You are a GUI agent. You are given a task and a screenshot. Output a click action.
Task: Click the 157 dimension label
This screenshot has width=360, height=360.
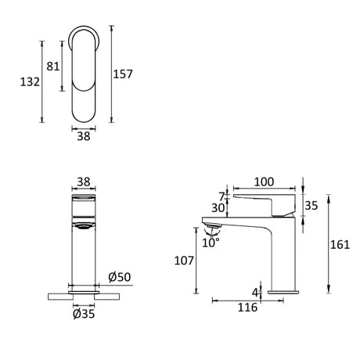(123, 74)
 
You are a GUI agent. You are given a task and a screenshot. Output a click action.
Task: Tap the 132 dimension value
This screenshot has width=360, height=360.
(30, 82)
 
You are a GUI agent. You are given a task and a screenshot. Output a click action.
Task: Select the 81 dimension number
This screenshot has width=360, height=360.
(53, 67)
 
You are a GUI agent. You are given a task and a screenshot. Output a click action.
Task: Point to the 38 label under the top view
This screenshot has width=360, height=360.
(84, 136)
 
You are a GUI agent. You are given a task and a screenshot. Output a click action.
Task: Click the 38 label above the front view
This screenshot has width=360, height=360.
(84, 182)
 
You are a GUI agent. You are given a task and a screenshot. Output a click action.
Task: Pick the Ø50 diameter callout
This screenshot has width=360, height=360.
(120, 277)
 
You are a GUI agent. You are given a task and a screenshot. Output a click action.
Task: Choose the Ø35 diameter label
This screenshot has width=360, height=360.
(84, 314)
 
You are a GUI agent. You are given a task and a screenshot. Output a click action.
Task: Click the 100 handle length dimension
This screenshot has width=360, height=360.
(264, 182)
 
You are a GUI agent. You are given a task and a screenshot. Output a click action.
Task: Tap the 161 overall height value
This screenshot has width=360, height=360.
(340, 245)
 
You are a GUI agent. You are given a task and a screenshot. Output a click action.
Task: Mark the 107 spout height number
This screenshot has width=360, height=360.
(184, 261)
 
